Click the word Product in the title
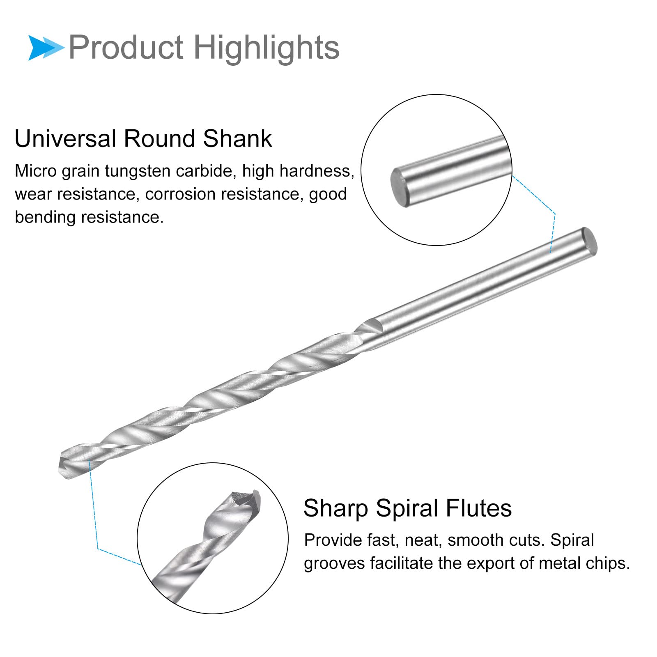[x=126, y=48]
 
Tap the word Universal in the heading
[x=65, y=138]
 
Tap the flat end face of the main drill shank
[x=590, y=242]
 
